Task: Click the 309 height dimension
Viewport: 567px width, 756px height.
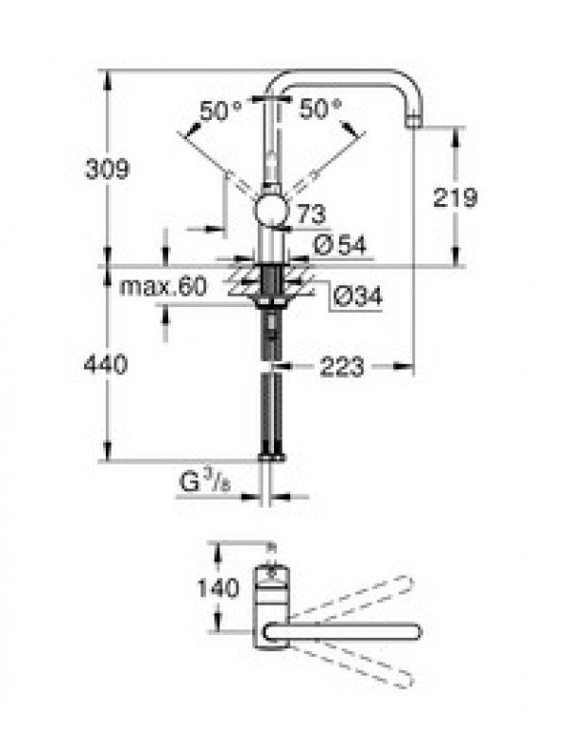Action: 107,169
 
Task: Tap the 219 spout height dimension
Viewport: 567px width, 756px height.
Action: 455,198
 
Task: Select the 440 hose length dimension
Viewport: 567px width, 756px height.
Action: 106,365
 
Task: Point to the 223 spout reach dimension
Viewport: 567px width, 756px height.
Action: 341,368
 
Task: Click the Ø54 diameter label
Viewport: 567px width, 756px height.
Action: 340,245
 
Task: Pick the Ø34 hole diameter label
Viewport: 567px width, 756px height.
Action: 358,296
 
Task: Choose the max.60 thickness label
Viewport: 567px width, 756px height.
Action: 163,286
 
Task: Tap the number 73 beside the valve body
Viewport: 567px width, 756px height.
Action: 312,215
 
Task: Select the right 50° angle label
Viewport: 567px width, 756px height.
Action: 320,109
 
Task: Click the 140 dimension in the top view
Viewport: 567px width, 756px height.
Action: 218,588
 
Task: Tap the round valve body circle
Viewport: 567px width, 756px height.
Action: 271,211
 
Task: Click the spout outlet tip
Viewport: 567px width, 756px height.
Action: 415,122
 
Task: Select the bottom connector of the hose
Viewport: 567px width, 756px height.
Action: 272,456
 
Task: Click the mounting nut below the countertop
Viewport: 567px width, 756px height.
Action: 270,301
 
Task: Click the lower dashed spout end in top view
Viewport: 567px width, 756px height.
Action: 406,679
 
